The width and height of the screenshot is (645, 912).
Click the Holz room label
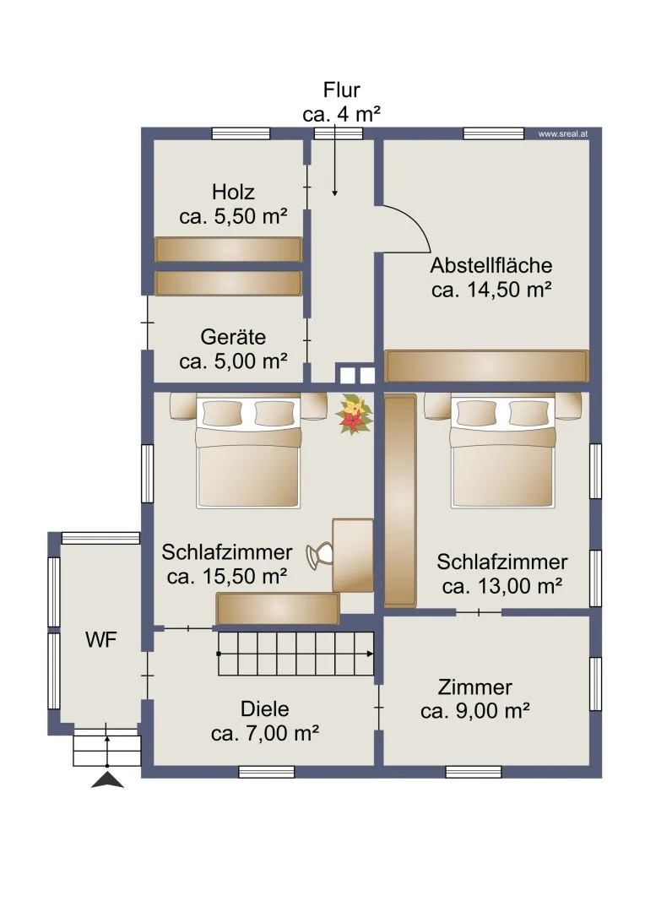tap(233, 204)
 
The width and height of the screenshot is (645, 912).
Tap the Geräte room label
tap(233, 349)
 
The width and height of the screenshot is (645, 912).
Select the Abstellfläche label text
tap(491, 265)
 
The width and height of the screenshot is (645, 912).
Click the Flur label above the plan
tap(341, 90)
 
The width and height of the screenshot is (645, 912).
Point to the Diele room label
tap(264, 721)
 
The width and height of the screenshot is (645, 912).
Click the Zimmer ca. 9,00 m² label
tap(475, 699)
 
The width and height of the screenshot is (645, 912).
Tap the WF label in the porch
tap(101, 640)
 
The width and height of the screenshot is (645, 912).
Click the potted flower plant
tap(354, 414)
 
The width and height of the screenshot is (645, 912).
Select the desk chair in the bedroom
tap(319, 556)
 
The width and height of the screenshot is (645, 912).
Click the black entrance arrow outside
tap(107, 780)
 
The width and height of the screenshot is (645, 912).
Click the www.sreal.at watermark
tap(562, 133)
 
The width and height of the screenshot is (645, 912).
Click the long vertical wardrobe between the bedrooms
tap(400, 500)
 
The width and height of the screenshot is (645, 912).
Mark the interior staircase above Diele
tap(296, 654)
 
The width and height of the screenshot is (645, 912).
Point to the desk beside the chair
tap(352, 556)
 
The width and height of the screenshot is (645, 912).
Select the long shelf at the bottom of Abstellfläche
tap(487, 366)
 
